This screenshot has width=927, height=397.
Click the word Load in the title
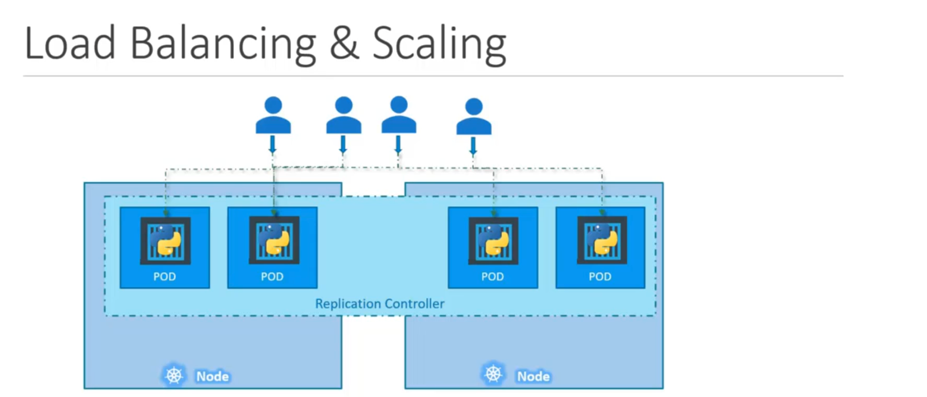tap(69, 44)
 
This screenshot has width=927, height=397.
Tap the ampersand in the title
tap(344, 44)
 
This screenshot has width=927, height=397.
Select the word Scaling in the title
tap(439, 45)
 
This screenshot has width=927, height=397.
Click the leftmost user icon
tap(273, 115)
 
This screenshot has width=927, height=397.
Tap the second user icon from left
tap(344, 115)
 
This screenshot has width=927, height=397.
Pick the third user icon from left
tap(399, 115)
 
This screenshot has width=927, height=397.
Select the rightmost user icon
tap(473, 117)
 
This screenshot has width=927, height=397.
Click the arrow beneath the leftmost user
tap(272, 145)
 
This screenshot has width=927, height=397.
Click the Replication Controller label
tap(379, 304)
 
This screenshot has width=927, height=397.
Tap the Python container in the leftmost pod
tap(165, 240)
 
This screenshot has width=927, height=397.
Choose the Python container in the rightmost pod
tap(601, 240)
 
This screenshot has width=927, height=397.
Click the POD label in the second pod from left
tap(272, 277)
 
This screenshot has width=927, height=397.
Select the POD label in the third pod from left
tap(492, 277)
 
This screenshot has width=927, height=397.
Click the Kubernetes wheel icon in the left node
tap(174, 375)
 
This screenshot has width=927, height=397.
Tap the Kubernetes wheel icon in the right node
tap(493, 374)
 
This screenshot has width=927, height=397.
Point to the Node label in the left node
tap(212, 376)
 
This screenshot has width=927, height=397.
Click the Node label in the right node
tap(533, 376)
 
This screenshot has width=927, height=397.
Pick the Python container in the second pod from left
tap(274, 240)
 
